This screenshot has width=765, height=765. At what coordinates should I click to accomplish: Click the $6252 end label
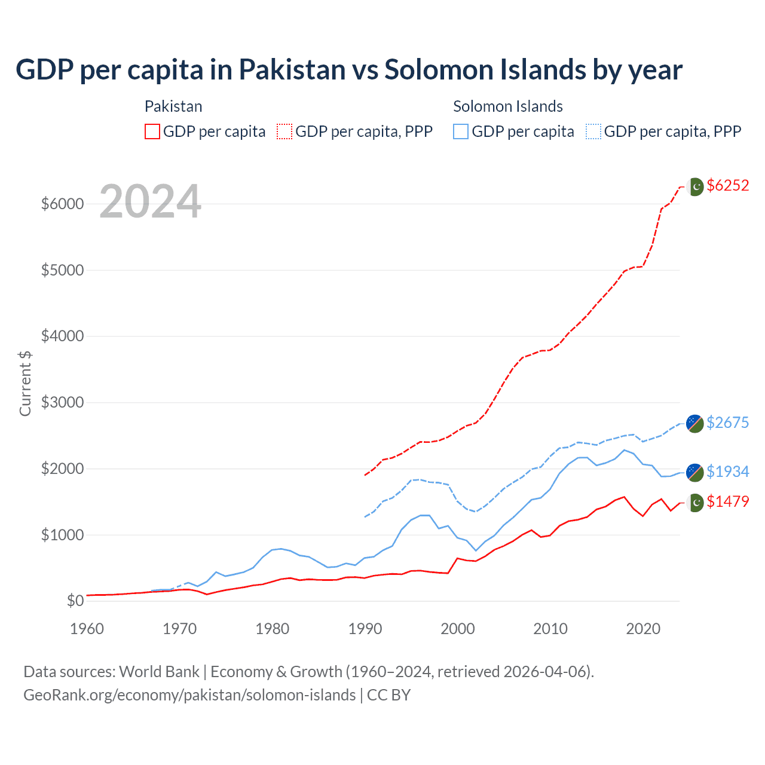pos(727,186)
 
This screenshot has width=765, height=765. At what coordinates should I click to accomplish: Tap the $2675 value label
pos(727,423)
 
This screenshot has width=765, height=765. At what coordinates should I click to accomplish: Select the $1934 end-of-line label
pos(727,472)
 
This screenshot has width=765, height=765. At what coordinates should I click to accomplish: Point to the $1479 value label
pos(727,501)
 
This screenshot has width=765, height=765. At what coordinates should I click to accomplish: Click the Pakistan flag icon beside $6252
pos(695,186)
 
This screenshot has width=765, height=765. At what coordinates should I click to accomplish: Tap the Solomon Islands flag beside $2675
pos(694,423)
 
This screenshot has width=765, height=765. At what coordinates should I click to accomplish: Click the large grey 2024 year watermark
pos(150,202)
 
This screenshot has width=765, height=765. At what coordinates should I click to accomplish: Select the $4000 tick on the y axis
pos(62,336)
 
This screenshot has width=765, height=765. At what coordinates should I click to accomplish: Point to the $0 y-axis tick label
pos(75,601)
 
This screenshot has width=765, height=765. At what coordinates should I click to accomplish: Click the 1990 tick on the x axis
pos(365,629)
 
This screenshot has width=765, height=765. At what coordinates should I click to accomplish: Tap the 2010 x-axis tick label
pos(550,629)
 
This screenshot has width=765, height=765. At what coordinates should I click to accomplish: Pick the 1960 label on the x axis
pos(87,629)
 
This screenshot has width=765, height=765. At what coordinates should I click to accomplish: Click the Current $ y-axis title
pos(25,384)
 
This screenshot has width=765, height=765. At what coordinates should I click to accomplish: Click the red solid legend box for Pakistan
pos(152,131)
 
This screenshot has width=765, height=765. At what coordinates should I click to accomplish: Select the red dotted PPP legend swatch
pos(284,131)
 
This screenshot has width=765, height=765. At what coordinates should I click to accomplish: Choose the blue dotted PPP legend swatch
pos(593,131)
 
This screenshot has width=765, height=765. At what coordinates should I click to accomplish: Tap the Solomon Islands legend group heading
pos(507,106)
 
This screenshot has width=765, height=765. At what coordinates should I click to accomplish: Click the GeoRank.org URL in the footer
pos(189,695)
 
